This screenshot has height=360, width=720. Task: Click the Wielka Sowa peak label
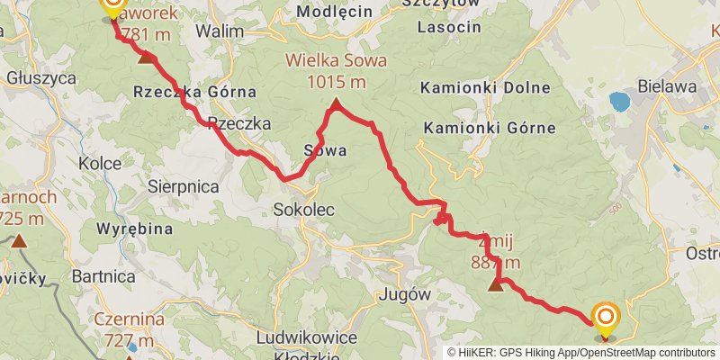336,62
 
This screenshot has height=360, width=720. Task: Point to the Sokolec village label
303,210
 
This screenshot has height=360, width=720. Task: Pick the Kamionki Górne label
490,127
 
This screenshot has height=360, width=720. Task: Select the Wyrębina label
135,229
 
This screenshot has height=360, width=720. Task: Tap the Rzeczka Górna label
194,92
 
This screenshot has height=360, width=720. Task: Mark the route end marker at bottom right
606,318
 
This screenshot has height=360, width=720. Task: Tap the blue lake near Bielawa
618,101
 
